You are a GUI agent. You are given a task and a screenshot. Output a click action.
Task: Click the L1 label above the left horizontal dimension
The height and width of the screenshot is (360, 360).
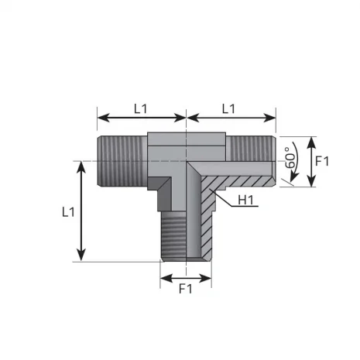(140, 109)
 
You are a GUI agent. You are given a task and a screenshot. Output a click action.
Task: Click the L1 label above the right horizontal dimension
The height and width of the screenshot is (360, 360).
(228, 109)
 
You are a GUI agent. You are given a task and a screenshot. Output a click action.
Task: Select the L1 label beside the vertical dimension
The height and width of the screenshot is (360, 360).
(67, 211)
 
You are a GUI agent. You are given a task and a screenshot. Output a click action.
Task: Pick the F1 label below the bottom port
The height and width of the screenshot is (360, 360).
(185, 291)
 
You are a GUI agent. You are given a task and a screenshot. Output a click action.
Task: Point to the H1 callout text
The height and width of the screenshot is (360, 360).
(247, 201)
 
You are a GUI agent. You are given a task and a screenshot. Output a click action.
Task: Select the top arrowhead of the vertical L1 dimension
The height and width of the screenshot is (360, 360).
(81, 166)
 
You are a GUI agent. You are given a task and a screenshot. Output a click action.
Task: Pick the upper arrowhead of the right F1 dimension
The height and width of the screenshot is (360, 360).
(311, 140)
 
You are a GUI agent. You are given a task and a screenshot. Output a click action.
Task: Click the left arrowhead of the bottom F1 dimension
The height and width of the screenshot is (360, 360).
(163, 276)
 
